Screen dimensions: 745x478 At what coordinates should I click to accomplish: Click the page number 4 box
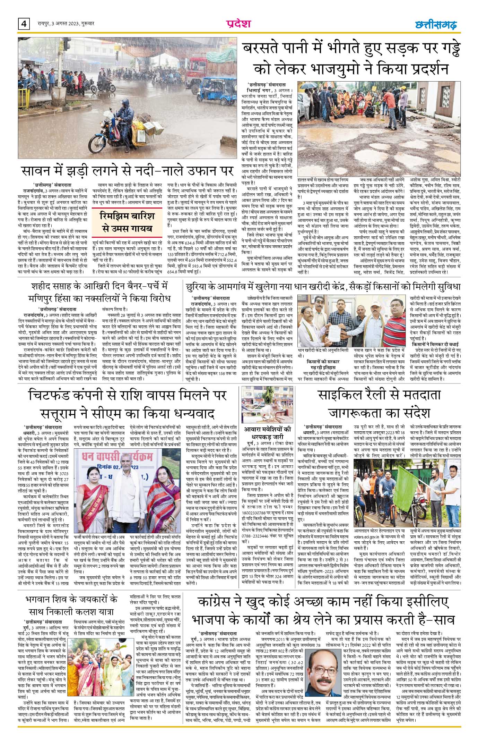click(24, 24)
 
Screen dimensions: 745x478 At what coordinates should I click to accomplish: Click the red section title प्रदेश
click(238, 24)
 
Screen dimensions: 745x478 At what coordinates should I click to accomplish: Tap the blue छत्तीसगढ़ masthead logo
click(436, 25)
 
